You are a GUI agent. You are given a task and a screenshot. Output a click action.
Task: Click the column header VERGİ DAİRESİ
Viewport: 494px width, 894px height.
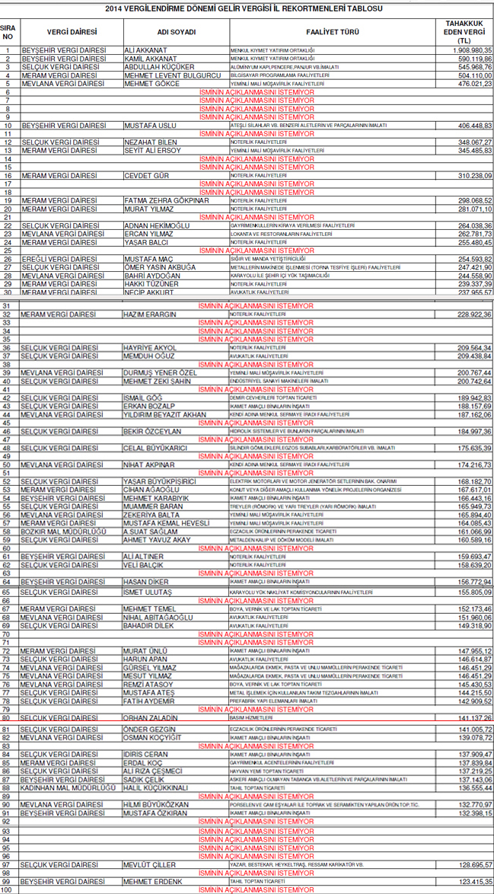(72, 32)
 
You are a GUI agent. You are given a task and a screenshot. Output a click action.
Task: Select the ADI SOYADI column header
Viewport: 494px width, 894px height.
(176, 32)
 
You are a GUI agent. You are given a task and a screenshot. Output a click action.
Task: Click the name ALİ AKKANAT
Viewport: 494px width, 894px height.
(145, 50)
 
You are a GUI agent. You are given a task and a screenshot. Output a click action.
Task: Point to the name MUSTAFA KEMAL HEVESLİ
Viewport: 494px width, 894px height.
(166, 523)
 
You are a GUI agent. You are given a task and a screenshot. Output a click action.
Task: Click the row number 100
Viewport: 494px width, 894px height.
(8, 889)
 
